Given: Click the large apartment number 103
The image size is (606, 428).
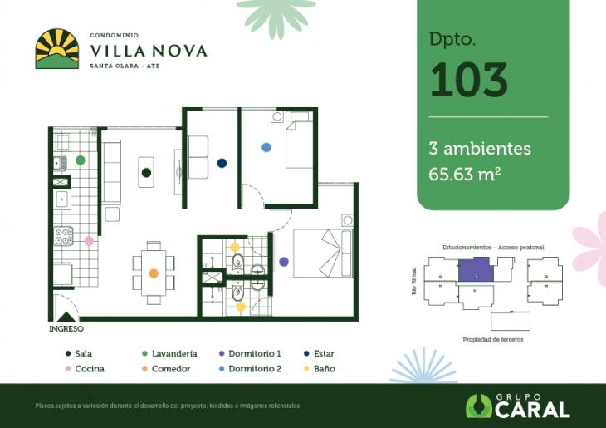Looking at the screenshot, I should coord(468,80).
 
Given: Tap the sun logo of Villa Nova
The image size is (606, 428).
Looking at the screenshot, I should coord(56,48).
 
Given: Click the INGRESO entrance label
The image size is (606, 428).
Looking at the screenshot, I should coord(66,328).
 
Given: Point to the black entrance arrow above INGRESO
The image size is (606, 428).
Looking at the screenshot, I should coord(66,316).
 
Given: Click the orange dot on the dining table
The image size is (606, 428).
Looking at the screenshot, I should coord(154,273).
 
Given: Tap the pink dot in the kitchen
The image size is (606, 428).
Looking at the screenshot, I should coord(89,241).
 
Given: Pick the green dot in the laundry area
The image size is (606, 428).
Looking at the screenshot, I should coord(81,160).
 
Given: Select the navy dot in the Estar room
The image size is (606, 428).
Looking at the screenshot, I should coord(222,163).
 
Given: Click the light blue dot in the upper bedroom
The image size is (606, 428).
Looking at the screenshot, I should coord(266,147).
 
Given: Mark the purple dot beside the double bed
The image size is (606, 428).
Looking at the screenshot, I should coord(284,262).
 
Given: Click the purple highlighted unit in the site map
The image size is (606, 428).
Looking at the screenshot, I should coord(475,270).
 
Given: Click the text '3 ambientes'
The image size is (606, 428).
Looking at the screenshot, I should coord(480,149).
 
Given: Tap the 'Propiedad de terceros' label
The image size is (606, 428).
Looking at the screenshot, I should coord(492,340).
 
